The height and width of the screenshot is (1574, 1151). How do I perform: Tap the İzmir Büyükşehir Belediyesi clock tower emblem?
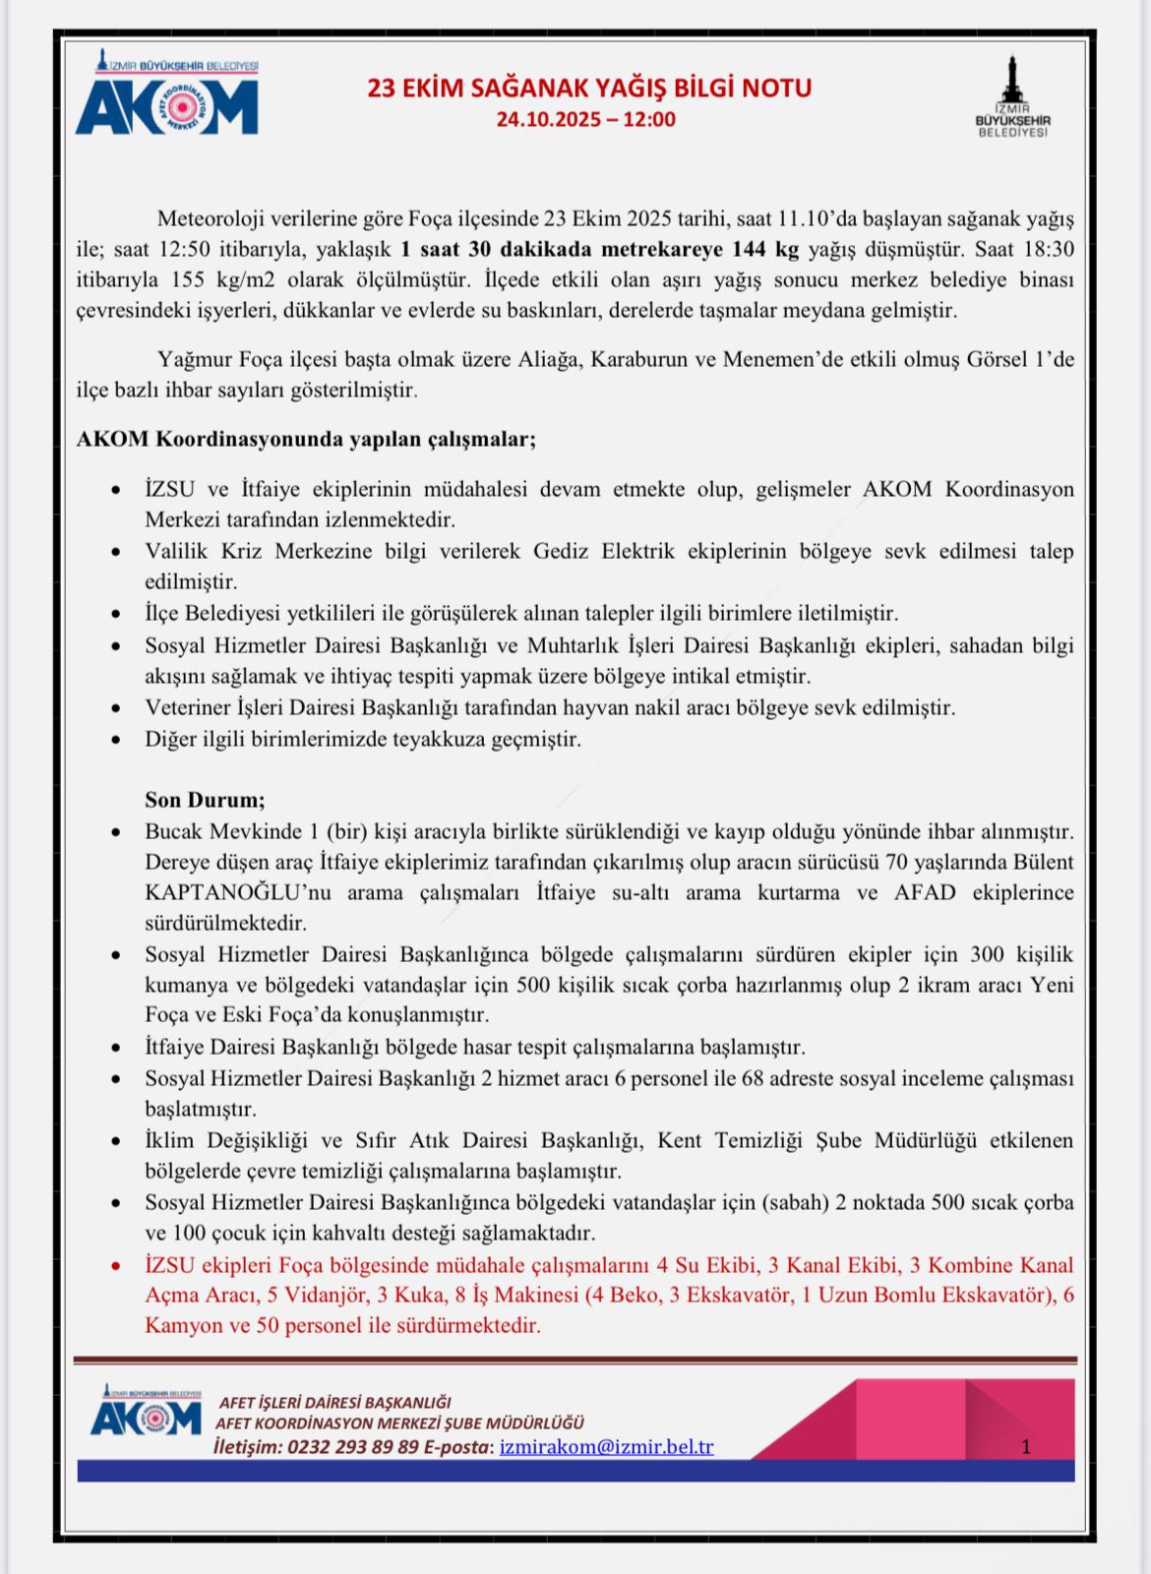(1012, 96)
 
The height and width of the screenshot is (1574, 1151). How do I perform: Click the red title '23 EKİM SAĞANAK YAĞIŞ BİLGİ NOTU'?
(589, 89)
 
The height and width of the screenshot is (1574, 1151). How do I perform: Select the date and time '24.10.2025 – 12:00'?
(585, 120)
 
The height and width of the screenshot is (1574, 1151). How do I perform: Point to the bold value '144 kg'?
(765, 249)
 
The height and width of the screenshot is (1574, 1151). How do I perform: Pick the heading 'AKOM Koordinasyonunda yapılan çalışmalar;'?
(306, 439)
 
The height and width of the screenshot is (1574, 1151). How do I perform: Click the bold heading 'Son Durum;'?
(205, 800)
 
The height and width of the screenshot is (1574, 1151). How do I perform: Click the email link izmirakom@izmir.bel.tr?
(606, 1447)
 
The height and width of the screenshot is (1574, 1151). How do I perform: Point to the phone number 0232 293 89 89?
(353, 1447)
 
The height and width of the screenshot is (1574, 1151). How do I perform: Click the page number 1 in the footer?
(1026, 1447)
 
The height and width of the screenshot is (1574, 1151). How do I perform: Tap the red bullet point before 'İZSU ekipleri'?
(117, 1265)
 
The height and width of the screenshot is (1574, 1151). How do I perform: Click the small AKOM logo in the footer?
(146, 1413)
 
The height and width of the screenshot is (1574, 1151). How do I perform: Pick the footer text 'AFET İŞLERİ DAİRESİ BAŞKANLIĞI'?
(334, 1402)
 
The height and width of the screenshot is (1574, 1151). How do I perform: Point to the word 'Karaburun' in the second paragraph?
(638, 359)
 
